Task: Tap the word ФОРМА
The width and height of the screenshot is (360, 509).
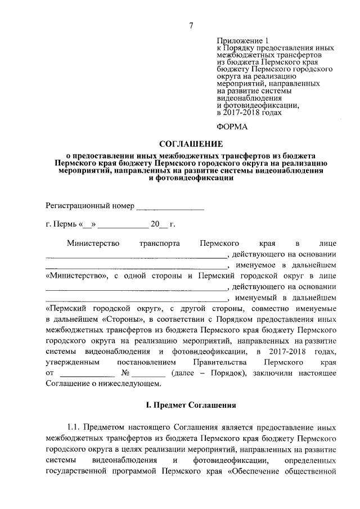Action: point(232,127)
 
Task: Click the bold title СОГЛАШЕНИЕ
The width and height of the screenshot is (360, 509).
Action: point(191,144)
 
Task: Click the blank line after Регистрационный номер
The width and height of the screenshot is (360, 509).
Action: point(170,206)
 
